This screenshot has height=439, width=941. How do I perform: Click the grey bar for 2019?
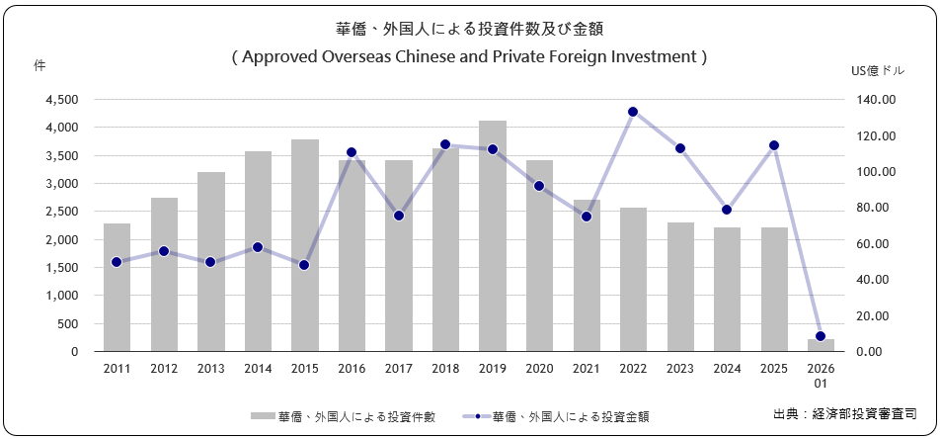tap(493, 236)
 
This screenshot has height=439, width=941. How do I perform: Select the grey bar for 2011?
tap(118, 288)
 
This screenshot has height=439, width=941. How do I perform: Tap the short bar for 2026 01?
tap(821, 345)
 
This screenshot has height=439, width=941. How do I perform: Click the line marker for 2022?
tap(633, 112)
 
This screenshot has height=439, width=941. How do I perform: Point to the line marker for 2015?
tap(304, 265)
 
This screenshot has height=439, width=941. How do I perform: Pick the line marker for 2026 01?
tap(821, 336)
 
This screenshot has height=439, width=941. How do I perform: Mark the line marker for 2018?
tap(445, 144)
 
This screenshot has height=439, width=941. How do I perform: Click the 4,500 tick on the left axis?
tap(64, 100)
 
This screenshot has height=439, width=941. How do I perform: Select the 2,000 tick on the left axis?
tap(64, 240)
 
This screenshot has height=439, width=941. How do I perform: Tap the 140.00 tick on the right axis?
tap(875, 100)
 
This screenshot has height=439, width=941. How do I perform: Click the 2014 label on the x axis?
tap(258, 368)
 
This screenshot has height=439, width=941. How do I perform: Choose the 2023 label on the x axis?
tap(679, 368)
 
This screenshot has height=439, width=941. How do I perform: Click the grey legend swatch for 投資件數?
tap(263, 416)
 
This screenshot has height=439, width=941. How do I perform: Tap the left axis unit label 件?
tap(39, 65)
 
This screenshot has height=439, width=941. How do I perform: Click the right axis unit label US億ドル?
tap(877, 71)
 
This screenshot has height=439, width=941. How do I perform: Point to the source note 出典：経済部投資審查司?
tap(844, 413)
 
